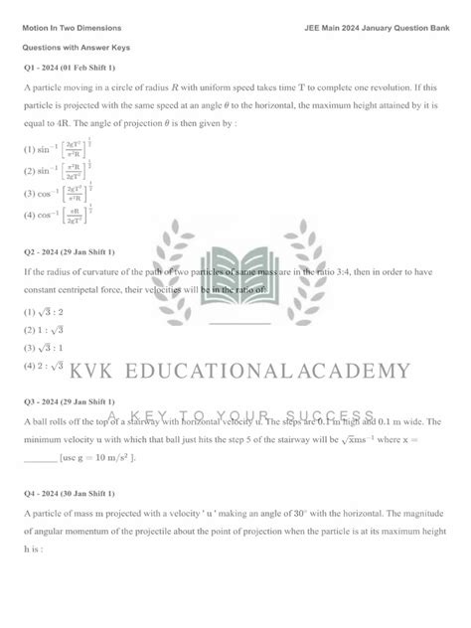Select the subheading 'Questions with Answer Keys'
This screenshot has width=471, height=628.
[x=77, y=48]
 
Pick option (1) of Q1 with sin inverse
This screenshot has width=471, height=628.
[x=55, y=150]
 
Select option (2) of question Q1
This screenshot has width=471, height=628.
[x=55, y=171]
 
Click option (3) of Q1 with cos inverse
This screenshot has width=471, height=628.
[x=55, y=191]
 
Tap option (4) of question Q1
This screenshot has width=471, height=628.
[x=55, y=212]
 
